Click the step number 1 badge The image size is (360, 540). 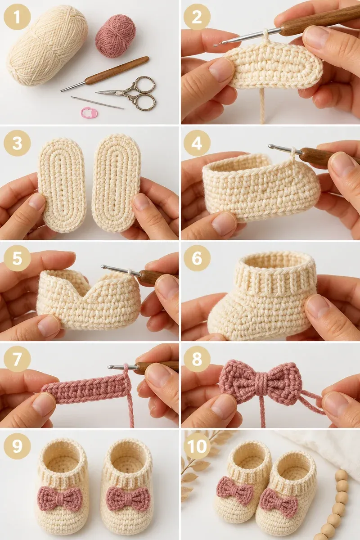coord(17,17)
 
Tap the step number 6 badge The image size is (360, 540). coord(197,259)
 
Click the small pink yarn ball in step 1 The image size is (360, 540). coord(116,36)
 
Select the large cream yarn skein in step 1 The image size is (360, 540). coord(48,45)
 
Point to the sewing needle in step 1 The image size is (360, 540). coord(97,103)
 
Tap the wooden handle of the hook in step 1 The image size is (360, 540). coord(117,70)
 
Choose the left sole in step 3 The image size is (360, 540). coord(62,185)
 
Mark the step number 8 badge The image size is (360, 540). coord(197,360)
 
